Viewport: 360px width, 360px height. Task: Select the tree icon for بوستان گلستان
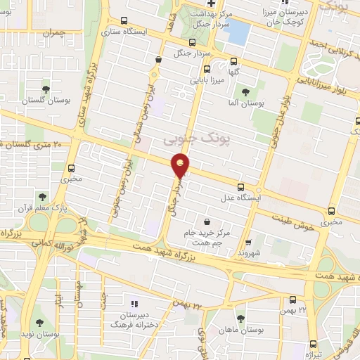(x=46, y=89)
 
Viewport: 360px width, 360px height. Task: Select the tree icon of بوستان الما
(x=245, y=92)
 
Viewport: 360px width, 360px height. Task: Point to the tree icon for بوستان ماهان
(x=240, y=319)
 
